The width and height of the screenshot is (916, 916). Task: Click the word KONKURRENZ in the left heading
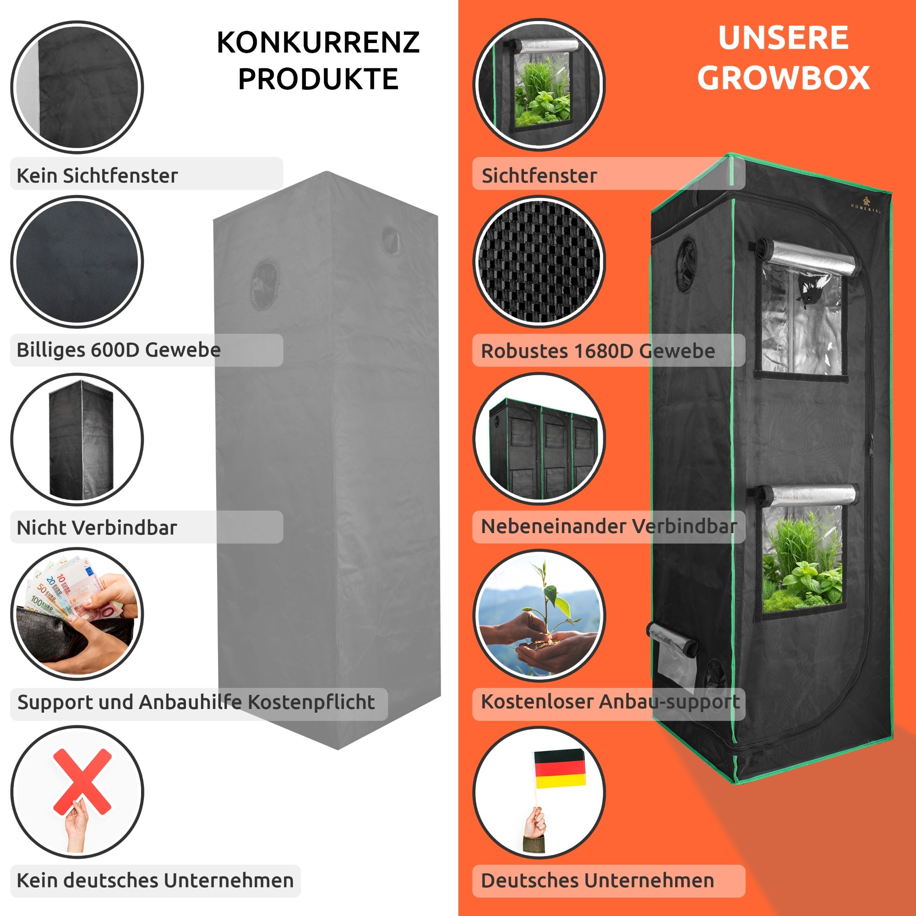318,43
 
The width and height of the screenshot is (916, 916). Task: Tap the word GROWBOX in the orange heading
783,78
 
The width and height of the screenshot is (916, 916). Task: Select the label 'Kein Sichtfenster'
97,175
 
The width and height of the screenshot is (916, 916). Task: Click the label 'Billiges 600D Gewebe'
119,350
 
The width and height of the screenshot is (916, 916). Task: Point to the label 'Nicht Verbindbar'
97,527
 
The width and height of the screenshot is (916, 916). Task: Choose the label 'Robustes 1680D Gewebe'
597,351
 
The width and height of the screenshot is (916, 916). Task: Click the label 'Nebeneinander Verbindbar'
609,526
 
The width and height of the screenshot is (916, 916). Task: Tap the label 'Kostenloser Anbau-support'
610,702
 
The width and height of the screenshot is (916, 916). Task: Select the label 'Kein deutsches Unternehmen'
155,880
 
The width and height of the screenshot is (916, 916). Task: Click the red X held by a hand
82,781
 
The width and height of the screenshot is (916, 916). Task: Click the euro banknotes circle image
77,614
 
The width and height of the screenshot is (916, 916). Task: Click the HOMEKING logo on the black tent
866,205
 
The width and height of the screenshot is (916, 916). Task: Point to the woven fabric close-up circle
539,262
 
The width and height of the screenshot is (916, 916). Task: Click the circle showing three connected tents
539,439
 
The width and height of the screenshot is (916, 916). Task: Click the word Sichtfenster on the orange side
539,175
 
